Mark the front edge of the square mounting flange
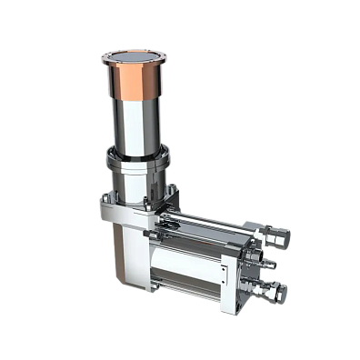pos(127,215)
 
